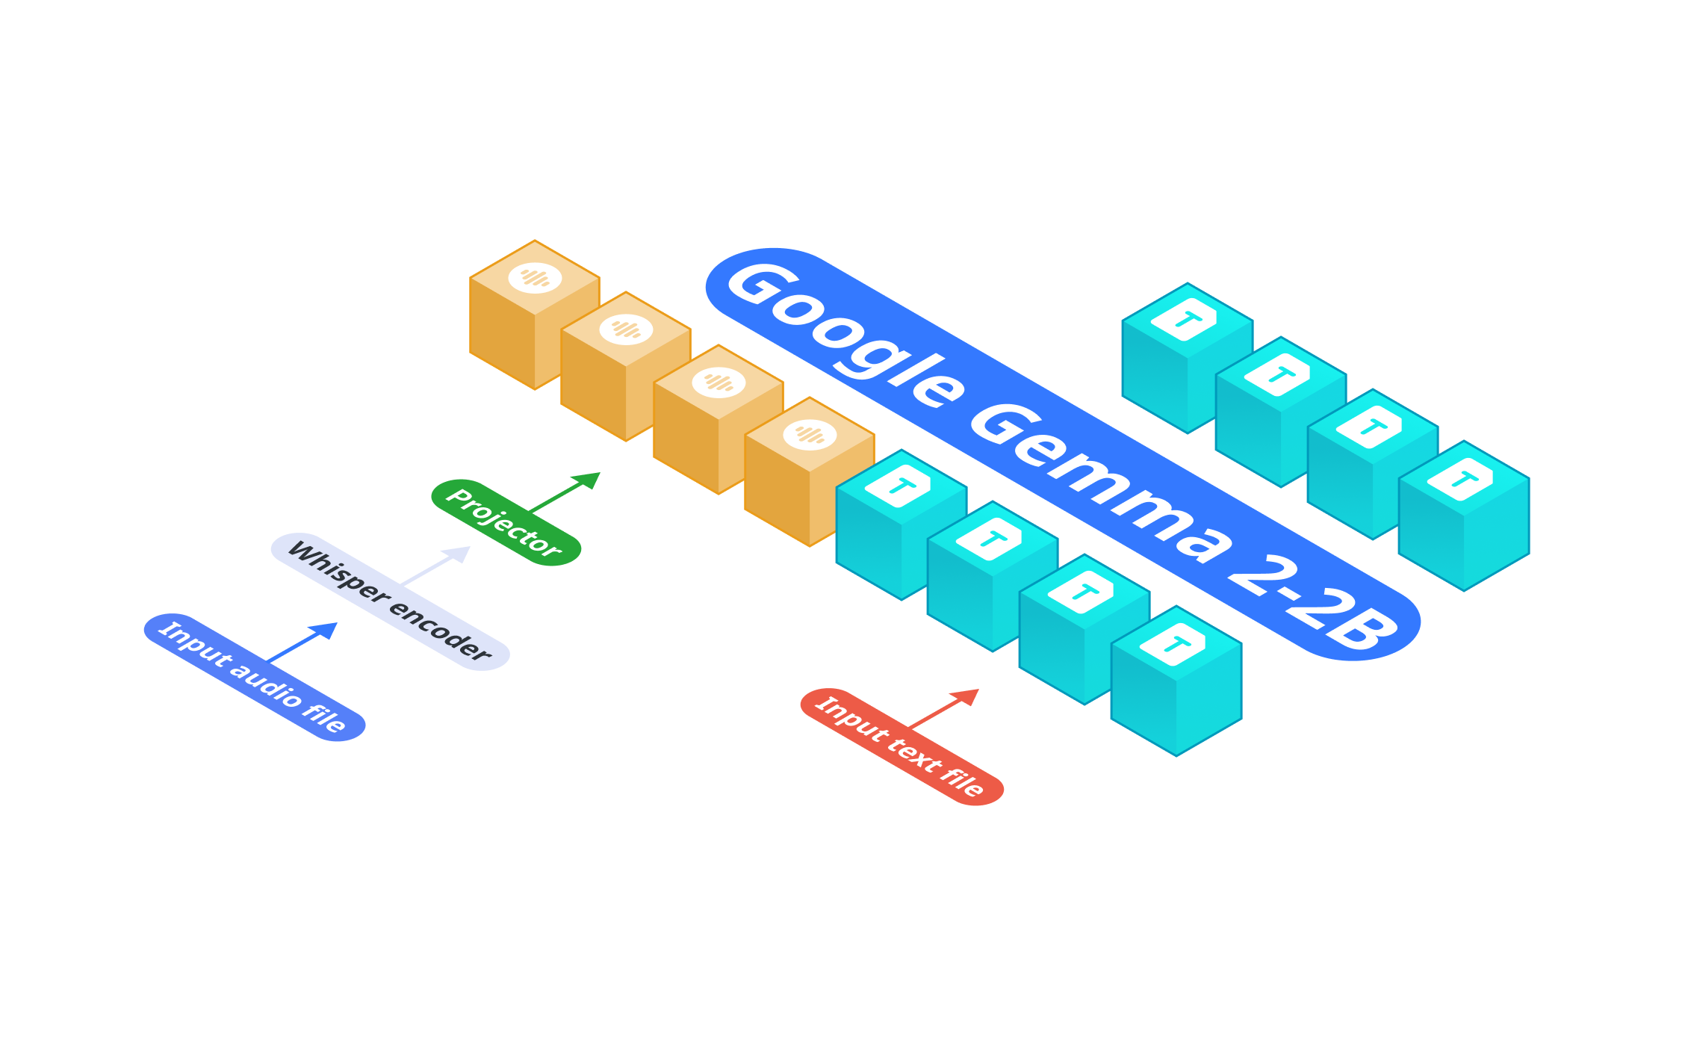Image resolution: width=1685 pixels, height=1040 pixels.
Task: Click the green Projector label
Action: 506,522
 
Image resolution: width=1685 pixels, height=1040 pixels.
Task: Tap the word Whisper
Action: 338,572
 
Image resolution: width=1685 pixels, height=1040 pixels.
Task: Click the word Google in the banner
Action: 844,333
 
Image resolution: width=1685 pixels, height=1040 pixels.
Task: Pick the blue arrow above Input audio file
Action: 302,642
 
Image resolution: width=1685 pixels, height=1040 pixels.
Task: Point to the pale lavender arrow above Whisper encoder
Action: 436,566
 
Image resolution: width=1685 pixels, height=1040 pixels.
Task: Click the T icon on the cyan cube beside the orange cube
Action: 899,486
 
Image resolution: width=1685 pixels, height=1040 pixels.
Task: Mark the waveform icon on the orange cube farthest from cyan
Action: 535,278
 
